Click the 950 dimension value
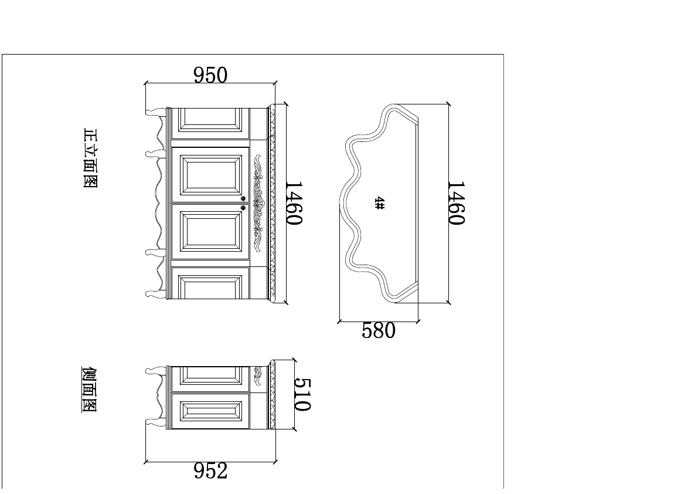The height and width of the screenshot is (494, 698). coord(210,75)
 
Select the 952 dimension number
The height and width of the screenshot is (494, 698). coord(210,471)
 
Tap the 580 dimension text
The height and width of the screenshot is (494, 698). coord(379,330)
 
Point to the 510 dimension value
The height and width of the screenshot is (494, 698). coord(303,395)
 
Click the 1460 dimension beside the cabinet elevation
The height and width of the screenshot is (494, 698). coord(294,202)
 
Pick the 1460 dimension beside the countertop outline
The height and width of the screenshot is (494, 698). coord(457,202)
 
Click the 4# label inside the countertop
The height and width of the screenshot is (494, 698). coord(380,203)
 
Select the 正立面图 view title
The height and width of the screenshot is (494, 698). coord(90,158)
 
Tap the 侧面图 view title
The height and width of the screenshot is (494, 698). coord(89,390)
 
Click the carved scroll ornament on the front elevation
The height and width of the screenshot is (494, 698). coord(258,203)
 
